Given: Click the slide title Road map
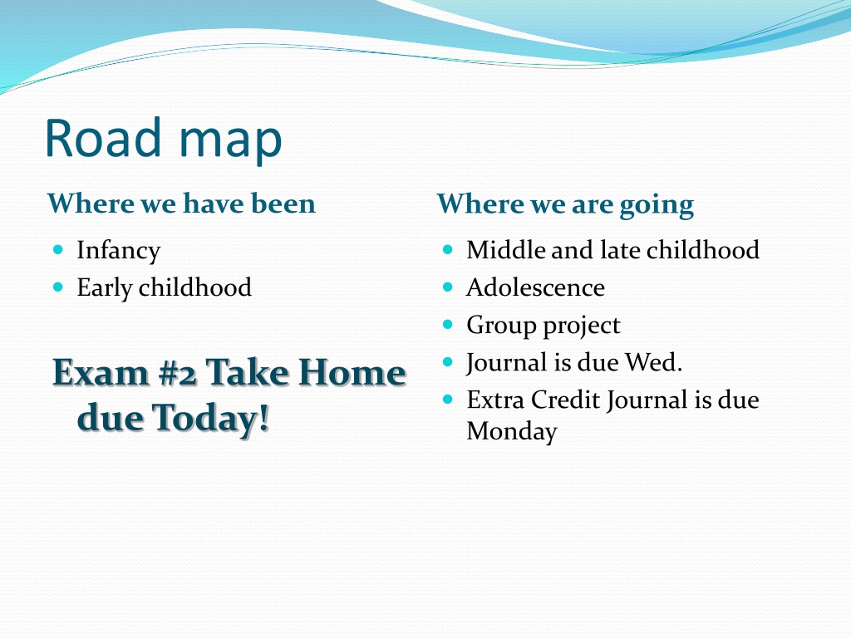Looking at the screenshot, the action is click(164, 139).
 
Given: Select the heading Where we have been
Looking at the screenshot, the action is click(181, 204).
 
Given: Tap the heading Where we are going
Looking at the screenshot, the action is click(565, 205).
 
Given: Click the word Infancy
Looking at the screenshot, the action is click(118, 251).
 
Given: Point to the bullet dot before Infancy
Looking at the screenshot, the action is click(59, 249).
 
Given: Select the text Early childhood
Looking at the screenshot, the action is click(164, 287).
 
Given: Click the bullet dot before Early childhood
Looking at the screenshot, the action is click(59, 287).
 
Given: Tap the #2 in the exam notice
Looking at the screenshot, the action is click(178, 373).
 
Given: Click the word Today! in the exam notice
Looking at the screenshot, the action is click(210, 418).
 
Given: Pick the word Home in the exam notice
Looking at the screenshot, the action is click(352, 373).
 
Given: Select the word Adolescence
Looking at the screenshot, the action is click(535, 287).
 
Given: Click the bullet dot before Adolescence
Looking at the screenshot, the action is click(448, 287).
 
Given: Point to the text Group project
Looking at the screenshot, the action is click(544, 326).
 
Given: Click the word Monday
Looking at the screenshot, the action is click(512, 432).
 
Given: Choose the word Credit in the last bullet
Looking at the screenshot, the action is click(565, 400).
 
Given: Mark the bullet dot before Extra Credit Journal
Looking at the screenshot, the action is click(448, 400).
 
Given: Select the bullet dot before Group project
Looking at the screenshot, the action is click(448, 325).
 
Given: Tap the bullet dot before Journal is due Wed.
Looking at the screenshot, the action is click(448, 362).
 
